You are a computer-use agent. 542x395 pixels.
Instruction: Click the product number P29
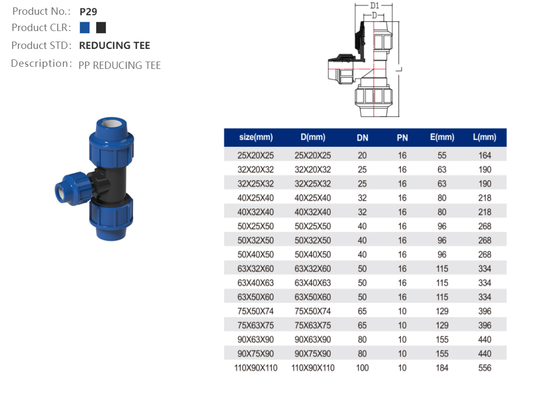(x=88, y=12)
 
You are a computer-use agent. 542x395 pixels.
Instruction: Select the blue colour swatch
(x=85, y=28)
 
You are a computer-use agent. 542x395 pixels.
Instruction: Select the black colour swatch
(x=101, y=28)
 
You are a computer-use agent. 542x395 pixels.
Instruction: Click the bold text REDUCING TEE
(x=114, y=46)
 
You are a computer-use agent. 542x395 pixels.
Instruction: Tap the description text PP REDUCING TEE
(x=119, y=65)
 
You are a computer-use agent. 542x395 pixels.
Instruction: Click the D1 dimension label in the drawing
(x=375, y=6)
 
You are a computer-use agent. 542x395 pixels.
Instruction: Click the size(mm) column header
(x=256, y=137)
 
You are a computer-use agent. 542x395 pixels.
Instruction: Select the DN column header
(x=362, y=138)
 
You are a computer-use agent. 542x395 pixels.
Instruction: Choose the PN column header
(x=402, y=138)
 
